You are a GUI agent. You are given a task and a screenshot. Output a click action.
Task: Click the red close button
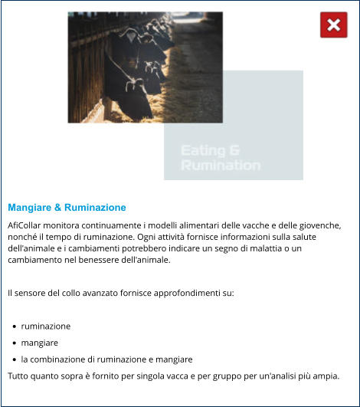click(x=333, y=25)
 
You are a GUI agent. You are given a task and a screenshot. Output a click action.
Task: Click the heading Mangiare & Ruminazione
click(x=67, y=208)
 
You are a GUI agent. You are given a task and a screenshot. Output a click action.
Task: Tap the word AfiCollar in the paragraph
click(x=26, y=225)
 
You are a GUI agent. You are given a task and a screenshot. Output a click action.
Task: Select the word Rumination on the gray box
click(x=220, y=165)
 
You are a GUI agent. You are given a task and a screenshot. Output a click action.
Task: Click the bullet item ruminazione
click(x=46, y=326)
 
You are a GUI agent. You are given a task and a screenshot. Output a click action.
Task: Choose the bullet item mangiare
click(x=40, y=343)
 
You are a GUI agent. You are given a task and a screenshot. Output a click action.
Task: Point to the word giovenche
click(x=315, y=225)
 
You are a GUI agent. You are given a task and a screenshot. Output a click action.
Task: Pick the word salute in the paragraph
click(x=320, y=237)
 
